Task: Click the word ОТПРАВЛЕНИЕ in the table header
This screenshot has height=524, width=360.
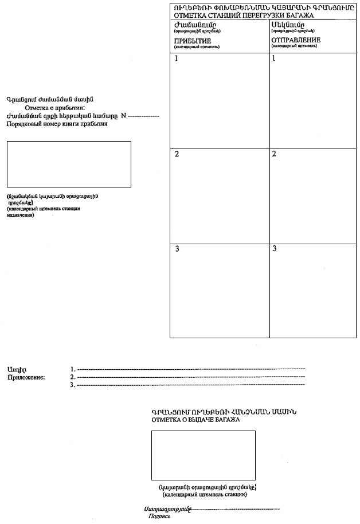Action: tap(296, 40)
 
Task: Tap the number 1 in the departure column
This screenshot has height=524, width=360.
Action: tap(275, 58)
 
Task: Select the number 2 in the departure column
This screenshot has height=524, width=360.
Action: tap(275, 154)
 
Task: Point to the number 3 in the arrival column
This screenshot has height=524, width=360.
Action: tap(177, 249)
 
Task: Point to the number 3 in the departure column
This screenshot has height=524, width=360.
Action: tap(275, 248)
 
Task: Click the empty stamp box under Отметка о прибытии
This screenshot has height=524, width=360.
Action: tap(69, 163)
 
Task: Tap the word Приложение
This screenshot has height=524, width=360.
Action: tap(26, 377)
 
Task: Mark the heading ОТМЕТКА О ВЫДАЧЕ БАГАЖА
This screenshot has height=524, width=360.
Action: tap(195, 420)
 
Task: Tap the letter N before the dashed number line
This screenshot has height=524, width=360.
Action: tap(123, 116)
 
